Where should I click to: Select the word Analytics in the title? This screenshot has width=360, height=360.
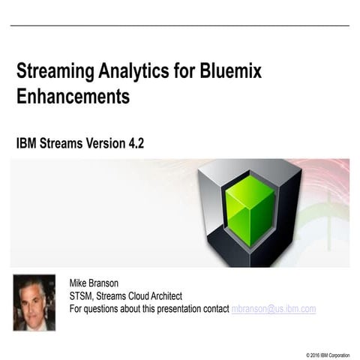point(128,72)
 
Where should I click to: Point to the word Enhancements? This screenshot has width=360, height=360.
point(73,97)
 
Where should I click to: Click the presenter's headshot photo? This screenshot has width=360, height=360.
point(34,302)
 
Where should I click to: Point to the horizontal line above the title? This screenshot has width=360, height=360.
point(180,26)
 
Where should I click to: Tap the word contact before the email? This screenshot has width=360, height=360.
point(216,308)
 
